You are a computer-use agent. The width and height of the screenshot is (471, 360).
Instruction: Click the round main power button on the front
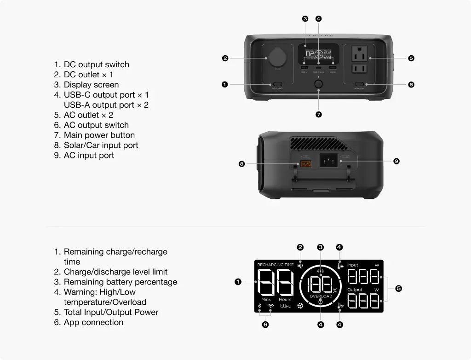point(318,85)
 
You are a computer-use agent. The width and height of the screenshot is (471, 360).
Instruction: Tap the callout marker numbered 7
point(318,115)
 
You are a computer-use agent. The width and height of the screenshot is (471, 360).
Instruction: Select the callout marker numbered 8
point(241,164)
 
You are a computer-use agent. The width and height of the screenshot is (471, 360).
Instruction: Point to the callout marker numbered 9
point(396,161)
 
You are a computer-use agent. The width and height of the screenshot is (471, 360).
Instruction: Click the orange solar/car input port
point(306,164)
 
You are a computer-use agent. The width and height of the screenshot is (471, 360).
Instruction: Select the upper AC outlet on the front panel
point(359,55)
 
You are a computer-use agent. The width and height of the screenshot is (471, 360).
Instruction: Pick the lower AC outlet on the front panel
point(359,69)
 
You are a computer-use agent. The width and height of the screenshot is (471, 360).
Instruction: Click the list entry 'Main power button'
point(99,135)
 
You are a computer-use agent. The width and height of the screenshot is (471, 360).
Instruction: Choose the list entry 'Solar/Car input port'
point(101,145)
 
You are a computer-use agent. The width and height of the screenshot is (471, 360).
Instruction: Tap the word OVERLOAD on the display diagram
point(321,296)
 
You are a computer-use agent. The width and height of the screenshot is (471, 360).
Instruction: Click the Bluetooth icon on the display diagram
point(259,306)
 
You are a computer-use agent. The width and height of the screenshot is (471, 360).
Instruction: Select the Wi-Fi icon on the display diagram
point(270,306)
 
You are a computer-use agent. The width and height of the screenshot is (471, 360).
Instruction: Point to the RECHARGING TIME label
point(275,265)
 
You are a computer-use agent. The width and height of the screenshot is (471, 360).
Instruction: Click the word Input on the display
point(353,265)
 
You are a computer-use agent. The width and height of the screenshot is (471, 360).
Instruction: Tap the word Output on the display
point(355,290)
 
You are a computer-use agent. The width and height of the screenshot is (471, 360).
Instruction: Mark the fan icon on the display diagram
point(300,306)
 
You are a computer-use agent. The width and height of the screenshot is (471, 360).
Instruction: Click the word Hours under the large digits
point(285,300)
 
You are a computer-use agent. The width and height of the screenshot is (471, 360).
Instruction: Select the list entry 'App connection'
point(93,322)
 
